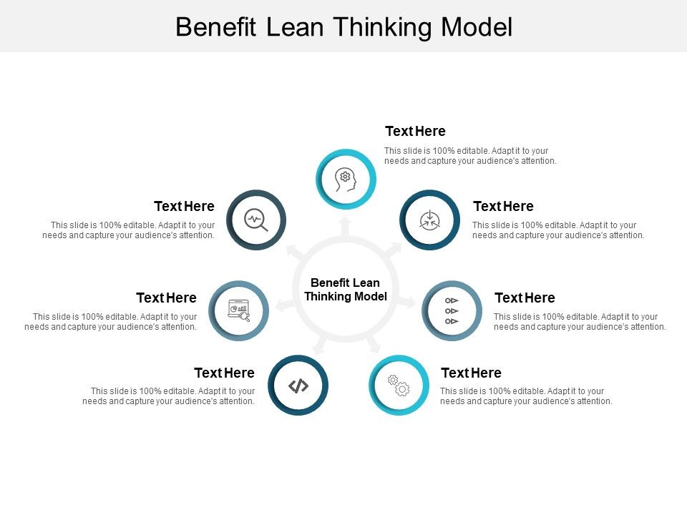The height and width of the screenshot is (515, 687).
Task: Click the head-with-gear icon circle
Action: click(x=346, y=178)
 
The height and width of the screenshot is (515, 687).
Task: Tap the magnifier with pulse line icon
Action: click(x=256, y=220)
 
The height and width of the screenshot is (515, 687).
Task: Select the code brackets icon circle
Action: click(x=298, y=386)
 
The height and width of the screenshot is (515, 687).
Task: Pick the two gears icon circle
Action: click(x=399, y=386)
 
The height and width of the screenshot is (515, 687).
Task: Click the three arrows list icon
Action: click(x=452, y=310)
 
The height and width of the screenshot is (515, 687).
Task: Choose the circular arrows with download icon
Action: click(x=429, y=220)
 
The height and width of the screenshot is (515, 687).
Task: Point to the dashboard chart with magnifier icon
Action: click(x=238, y=310)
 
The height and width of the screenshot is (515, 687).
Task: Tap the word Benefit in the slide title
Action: click(x=217, y=27)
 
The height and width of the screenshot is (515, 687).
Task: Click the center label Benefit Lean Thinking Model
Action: click(x=346, y=290)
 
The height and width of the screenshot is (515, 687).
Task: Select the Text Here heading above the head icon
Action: click(x=415, y=132)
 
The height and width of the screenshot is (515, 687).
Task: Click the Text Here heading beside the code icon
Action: click(x=224, y=373)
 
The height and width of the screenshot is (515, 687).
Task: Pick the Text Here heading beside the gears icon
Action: click(x=471, y=373)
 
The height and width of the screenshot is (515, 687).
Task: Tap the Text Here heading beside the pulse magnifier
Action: click(x=184, y=207)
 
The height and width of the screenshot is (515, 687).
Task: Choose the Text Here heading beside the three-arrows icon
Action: click(x=525, y=298)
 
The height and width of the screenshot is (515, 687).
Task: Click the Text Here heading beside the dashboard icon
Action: click(x=166, y=298)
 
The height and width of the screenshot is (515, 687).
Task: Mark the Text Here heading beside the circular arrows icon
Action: click(x=503, y=207)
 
